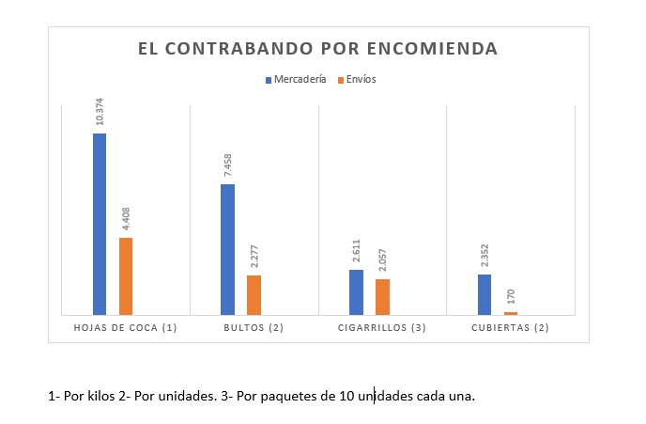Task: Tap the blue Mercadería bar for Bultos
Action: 227,249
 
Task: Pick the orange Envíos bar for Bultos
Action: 254,294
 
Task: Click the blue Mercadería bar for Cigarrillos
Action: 356,291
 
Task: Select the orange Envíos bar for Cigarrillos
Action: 382,296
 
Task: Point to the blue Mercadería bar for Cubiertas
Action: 484,293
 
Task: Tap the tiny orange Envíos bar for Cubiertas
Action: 511,313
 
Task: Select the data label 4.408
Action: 126,219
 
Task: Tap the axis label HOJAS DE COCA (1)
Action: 125,328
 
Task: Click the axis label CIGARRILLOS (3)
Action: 382,328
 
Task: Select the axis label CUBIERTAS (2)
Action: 510,328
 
